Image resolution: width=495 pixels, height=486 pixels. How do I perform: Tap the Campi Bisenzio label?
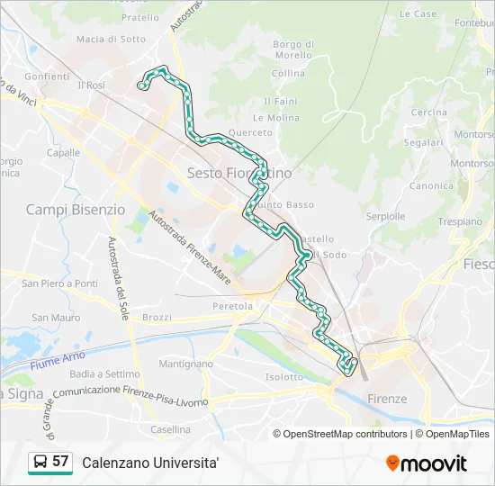(x=76, y=209)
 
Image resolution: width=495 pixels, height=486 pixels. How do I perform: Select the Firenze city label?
(x=387, y=399)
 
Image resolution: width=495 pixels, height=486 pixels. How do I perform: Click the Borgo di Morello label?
(x=293, y=49)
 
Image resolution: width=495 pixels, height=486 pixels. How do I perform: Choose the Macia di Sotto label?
(x=111, y=39)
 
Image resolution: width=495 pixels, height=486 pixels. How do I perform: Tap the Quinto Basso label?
(x=285, y=204)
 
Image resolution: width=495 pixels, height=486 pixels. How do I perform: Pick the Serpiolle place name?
(x=385, y=216)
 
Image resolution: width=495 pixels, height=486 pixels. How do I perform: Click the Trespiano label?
(x=460, y=220)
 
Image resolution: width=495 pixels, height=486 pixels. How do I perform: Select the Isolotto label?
(x=284, y=377)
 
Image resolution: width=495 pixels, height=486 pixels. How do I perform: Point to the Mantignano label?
(x=185, y=364)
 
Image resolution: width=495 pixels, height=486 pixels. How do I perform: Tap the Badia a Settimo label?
(x=104, y=373)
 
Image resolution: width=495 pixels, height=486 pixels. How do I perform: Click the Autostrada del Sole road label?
(x=117, y=276)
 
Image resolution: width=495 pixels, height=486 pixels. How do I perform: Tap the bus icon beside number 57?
(x=40, y=463)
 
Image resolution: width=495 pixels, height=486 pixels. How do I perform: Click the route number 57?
(x=60, y=462)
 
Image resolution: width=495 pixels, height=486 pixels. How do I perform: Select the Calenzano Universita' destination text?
(x=150, y=463)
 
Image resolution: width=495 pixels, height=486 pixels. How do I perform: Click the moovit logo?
(x=427, y=463)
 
